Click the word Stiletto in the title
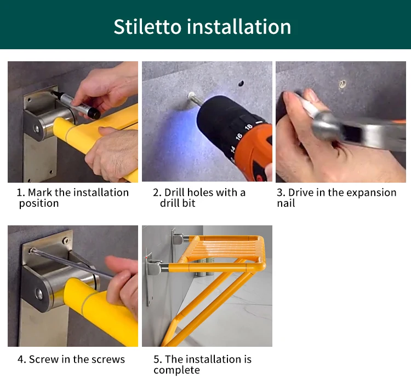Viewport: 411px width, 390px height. click(147, 27)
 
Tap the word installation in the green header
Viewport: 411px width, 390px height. click(239, 27)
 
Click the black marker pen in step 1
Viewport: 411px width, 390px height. click(77, 104)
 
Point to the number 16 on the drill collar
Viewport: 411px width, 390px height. click(238, 136)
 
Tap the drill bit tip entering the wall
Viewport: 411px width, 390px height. click(191, 95)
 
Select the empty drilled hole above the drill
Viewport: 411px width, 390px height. click(241, 84)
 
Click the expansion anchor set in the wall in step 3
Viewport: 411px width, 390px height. click(342, 84)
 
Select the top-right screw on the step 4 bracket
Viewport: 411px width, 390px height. click(66, 240)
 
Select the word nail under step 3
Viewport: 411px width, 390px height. click(286, 203)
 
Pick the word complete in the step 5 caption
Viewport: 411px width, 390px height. click(176, 370)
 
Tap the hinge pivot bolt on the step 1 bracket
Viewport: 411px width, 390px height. click(36, 129)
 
